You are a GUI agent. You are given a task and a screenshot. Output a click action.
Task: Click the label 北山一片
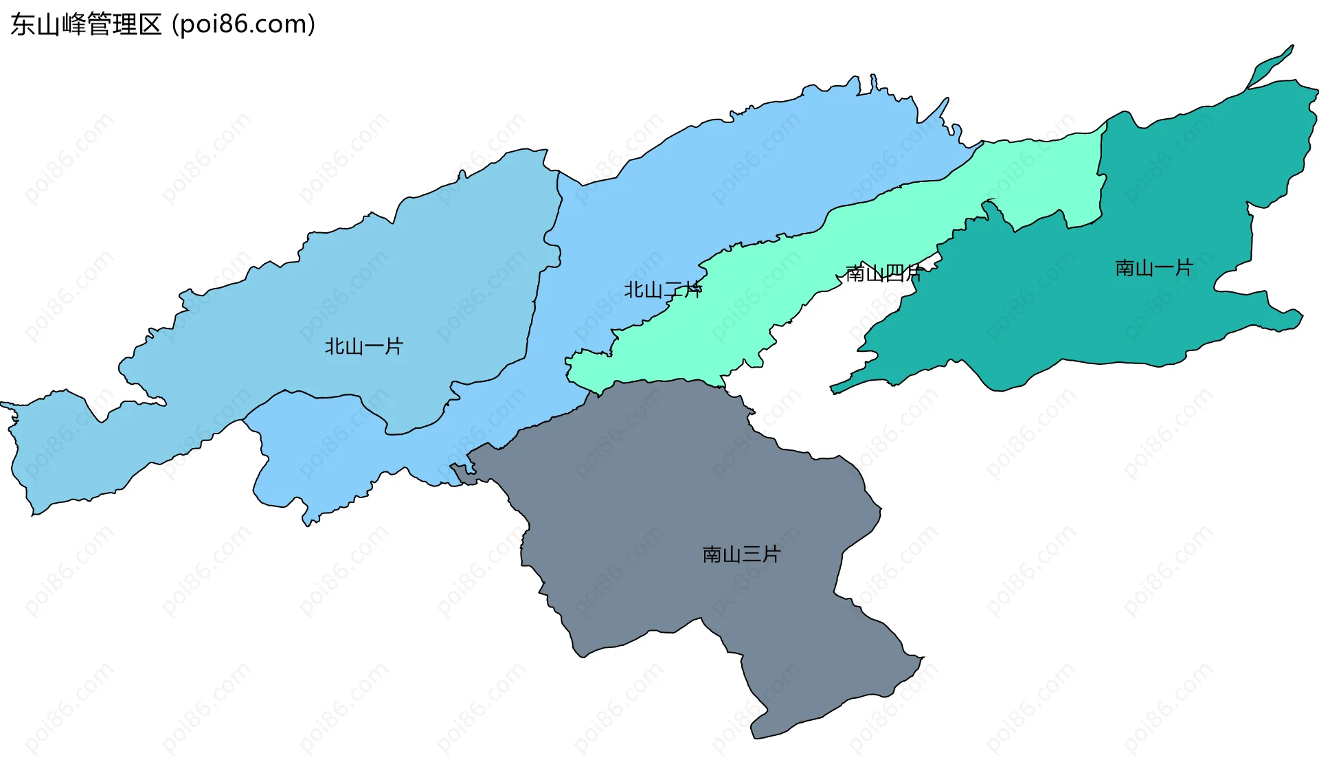(x=363, y=346)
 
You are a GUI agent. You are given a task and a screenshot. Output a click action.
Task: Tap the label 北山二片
(x=662, y=290)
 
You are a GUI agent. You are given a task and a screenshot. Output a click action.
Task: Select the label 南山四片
(x=883, y=273)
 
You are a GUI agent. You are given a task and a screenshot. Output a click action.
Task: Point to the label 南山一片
(x=1154, y=268)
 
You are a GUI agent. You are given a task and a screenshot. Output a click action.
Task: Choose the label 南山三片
(x=741, y=554)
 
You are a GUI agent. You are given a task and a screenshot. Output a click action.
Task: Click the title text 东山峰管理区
(x=86, y=25)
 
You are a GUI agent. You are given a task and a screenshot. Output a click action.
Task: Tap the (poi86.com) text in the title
(x=244, y=25)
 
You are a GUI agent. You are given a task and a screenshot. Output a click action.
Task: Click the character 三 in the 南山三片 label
(x=752, y=554)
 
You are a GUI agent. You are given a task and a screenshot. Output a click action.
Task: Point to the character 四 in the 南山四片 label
(x=893, y=273)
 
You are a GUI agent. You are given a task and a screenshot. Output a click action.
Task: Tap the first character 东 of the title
(x=23, y=25)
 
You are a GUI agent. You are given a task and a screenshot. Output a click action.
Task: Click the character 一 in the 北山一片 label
(x=374, y=346)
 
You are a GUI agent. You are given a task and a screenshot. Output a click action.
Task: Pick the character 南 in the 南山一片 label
(x=1125, y=268)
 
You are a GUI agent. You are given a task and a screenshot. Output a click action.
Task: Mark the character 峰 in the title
(x=74, y=25)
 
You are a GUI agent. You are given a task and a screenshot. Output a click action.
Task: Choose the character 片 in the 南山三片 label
(x=771, y=554)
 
